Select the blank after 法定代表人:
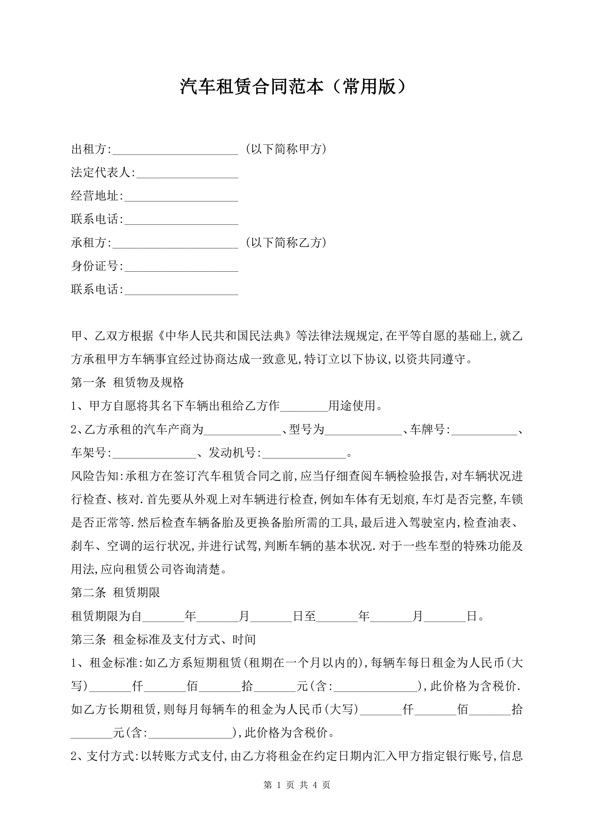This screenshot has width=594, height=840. [x=187, y=173]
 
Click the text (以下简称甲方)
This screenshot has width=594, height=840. [x=286, y=149]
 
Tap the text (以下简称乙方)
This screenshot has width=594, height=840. [x=286, y=243]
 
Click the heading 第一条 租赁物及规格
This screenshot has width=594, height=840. [x=127, y=383]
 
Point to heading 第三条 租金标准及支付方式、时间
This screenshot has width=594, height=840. [x=163, y=640]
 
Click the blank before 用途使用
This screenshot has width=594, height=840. [x=304, y=407]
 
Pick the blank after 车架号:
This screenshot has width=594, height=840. [x=154, y=453]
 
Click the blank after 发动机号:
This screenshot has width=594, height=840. [x=304, y=453]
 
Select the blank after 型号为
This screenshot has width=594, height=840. [x=363, y=430]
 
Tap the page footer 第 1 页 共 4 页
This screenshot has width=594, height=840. [x=297, y=785]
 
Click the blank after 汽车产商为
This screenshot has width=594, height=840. [x=243, y=430]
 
